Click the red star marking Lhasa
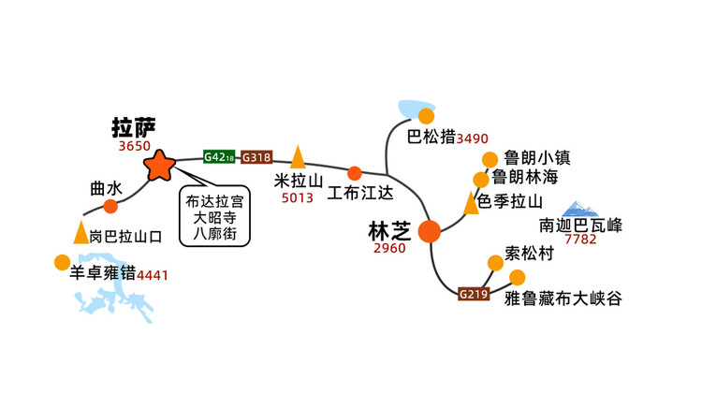159,166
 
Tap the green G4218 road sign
219,156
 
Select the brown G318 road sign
256,157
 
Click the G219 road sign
474,294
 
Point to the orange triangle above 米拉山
298,156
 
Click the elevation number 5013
298,197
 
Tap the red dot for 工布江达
355,173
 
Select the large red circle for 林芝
430,231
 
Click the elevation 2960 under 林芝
389,248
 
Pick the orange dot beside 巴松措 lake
426,116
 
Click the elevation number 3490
472,138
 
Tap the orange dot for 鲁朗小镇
490,159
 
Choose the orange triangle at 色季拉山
471,203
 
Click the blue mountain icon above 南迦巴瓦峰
580,209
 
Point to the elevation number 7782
580,239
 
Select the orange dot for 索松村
495,263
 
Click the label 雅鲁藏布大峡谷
563,298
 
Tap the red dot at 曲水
110,207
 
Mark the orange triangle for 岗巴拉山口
81,232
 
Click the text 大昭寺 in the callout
214,218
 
